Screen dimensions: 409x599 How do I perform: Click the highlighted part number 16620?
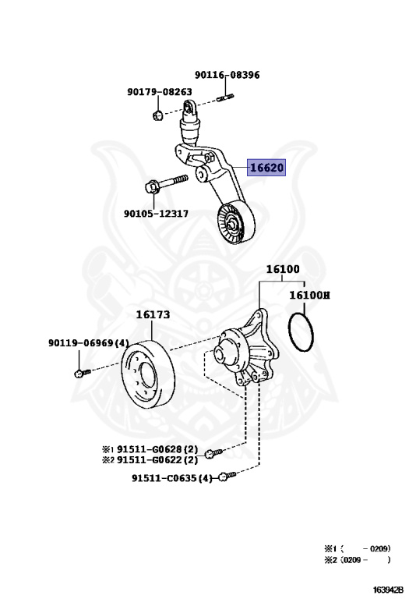(266, 168)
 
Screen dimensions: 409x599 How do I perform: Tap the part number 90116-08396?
(227, 75)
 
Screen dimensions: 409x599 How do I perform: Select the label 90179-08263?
(160, 92)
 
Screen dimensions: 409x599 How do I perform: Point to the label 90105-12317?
(156, 213)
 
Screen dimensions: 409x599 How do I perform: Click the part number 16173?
(153, 314)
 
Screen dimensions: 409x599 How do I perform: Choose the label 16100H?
(309, 295)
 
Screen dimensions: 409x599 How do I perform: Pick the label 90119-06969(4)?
(89, 342)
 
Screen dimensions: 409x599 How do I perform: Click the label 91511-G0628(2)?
(157, 449)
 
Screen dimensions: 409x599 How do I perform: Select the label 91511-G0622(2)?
(157, 459)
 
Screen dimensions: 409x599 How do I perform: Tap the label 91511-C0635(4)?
(172, 478)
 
